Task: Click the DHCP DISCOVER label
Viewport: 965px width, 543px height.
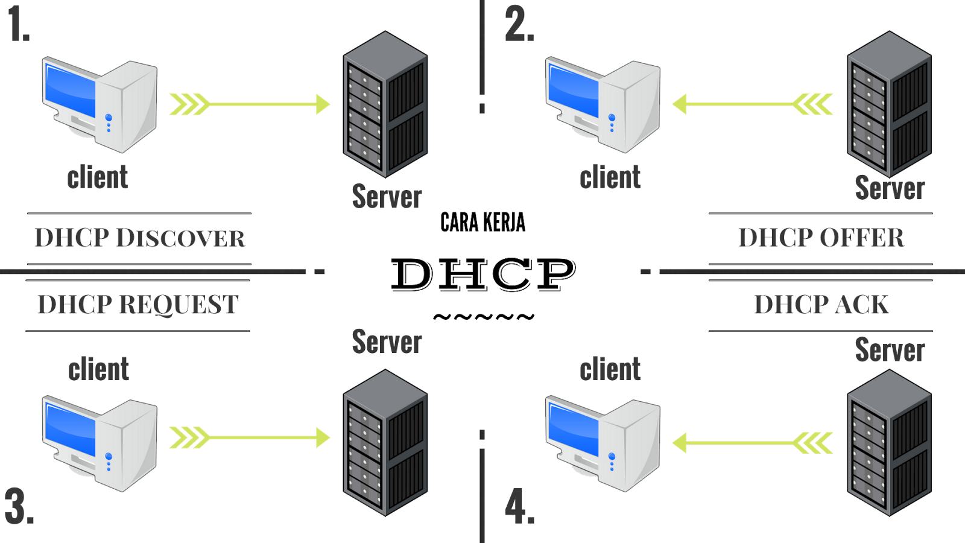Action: (139, 238)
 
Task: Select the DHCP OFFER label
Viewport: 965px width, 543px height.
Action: (821, 238)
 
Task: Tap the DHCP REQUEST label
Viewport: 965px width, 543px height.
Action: (138, 305)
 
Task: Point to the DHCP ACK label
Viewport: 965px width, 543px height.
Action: (821, 305)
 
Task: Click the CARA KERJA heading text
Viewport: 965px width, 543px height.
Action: (482, 222)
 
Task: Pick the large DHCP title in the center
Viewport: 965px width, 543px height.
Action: (482, 275)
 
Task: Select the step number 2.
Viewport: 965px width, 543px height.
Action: (519, 25)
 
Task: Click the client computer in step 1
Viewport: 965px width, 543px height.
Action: (100, 104)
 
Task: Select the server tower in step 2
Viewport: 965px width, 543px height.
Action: (889, 104)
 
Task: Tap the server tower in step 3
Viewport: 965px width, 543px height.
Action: (385, 442)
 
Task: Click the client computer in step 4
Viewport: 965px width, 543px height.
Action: (603, 442)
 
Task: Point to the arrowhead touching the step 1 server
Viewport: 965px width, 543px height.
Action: (323, 104)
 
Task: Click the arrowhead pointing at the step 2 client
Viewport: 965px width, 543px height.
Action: (680, 104)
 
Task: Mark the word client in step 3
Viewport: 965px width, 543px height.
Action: (99, 369)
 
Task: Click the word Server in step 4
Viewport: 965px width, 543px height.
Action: (890, 350)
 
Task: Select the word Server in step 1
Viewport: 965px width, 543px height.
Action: (387, 196)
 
